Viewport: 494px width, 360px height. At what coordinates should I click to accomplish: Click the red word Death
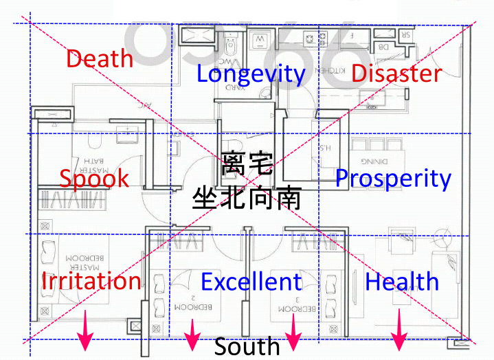pyautogui.click(x=99, y=58)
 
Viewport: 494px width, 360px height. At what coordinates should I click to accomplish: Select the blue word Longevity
pyautogui.click(x=251, y=74)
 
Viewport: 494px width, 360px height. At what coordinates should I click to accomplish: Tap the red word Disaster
pyautogui.click(x=396, y=73)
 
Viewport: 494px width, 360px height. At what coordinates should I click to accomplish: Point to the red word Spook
pyautogui.click(x=93, y=179)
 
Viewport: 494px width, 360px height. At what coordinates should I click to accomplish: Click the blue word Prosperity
pyautogui.click(x=393, y=179)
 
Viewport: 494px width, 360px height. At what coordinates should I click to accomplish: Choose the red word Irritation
pyautogui.click(x=91, y=281)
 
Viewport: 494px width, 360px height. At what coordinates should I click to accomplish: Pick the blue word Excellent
pyautogui.click(x=251, y=282)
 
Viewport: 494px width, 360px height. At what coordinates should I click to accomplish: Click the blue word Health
pyautogui.click(x=402, y=281)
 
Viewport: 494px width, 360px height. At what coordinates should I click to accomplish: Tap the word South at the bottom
pyautogui.click(x=247, y=346)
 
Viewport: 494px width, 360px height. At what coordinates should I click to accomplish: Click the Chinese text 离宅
pyautogui.click(x=247, y=164)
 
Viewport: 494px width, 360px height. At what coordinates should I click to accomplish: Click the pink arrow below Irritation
pyautogui.click(x=85, y=330)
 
